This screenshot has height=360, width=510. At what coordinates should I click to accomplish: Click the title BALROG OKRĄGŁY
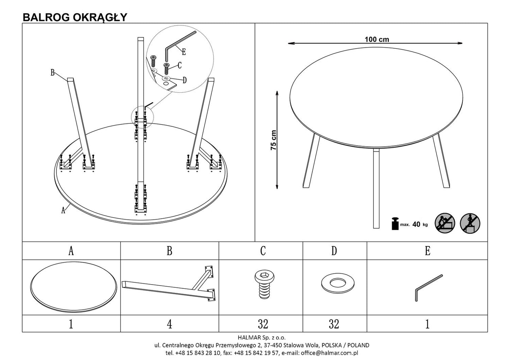pyautogui.click(x=75, y=17)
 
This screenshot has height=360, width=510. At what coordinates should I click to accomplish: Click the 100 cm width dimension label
pyautogui.click(x=377, y=39)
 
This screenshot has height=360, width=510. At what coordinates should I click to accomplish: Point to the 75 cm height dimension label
pyautogui.click(x=274, y=140)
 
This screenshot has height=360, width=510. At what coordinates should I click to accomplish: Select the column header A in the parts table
pyautogui.click(x=71, y=251)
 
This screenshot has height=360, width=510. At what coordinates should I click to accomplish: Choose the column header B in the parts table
pyautogui.click(x=169, y=251)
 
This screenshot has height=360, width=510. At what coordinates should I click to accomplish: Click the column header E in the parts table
pyautogui.click(x=427, y=251)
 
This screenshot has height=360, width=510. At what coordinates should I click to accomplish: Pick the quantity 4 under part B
pyautogui.click(x=169, y=324)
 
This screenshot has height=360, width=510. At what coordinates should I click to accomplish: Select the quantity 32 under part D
pyautogui.click(x=334, y=324)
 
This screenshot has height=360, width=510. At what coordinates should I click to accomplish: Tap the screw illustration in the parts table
pyautogui.click(x=263, y=285)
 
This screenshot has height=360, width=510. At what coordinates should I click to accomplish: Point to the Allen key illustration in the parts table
pyautogui.click(x=427, y=287)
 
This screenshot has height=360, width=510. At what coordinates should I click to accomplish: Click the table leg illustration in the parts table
pyautogui.click(x=169, y=284)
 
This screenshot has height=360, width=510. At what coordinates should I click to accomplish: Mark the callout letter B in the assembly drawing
pyautogui.click(x=52, y=73)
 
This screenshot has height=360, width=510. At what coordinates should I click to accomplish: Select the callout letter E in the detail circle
pyautogui.click(x=184, y=52)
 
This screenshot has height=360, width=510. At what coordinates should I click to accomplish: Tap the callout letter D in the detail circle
pyautogui.click(x=184, y=80)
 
